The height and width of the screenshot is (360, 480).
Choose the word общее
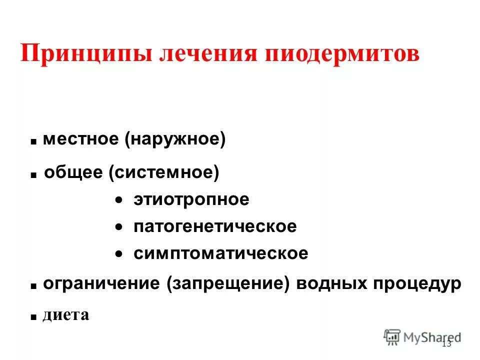click(x=72, y=173)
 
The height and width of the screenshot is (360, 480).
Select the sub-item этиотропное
click(x=191, y=200)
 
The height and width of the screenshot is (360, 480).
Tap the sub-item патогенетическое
click(x=215, y=227)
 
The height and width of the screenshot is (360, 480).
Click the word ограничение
click(x=102, y=284)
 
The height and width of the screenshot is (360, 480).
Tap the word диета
click(x=66, y=315)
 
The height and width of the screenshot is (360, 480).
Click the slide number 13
click(x=446, y=343)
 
